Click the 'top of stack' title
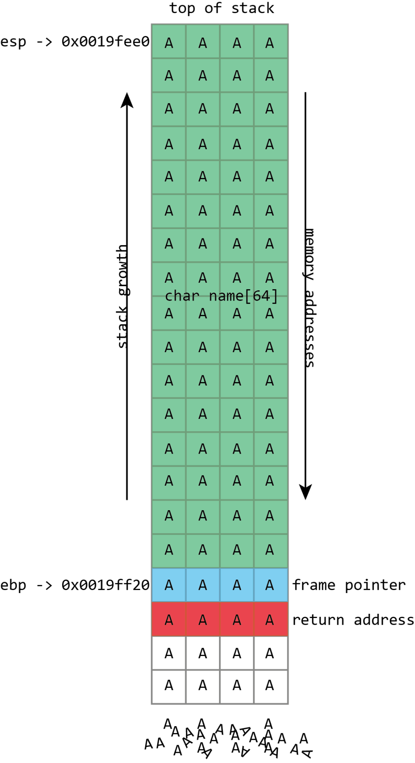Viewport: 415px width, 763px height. click(x=221, y=8)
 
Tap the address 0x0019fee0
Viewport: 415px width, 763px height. click(x=105, y=41)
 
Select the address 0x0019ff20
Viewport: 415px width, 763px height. click(x=105, y=585)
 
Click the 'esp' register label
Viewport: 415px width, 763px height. click(x=13, y=42)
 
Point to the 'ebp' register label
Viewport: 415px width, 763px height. click(x=13, y=586)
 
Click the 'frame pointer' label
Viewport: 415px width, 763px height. click(x=349, y=585)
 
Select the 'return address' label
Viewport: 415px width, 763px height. click(x=353, y=620)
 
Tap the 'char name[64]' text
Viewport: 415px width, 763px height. click(x=221, y=296)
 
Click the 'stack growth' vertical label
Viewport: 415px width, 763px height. click(x=122, y=296)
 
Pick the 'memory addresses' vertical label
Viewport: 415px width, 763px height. click(x=310, y=298)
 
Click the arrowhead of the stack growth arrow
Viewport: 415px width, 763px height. click(x=127, y=100)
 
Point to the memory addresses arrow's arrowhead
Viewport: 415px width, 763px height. click(x=305, y=492)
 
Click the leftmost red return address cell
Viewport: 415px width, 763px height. click(x=169, y=619)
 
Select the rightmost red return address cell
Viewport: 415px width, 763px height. click(x=271, y=619)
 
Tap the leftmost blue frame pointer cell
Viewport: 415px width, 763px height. click(x=169, y=585)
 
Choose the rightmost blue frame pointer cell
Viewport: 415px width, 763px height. click(x=271, y=585)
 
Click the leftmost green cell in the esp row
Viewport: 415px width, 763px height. click(x=169, y=41)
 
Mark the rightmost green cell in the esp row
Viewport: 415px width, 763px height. click(x=271, y=41)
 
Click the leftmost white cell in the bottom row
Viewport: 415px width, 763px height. click(x=169, y=687)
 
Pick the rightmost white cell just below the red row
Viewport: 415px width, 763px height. click(x=271, y=653)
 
